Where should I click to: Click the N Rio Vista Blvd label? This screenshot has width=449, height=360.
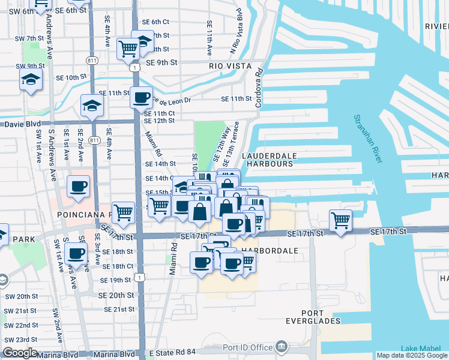(x=236, y=31)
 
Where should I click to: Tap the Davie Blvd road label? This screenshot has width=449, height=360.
(x=22, y=124)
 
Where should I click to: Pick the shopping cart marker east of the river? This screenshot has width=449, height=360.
(x=340, y=221)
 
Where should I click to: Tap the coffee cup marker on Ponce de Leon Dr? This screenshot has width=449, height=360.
(x=142, y=97)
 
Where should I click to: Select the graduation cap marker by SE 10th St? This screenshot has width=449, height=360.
(x=31, y=79)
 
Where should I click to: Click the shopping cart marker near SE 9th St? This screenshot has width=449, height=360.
(x=128, y=49)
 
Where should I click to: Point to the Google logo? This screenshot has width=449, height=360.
(x=20, y=353)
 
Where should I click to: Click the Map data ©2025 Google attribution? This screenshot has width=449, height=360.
(x=412, y=355)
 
